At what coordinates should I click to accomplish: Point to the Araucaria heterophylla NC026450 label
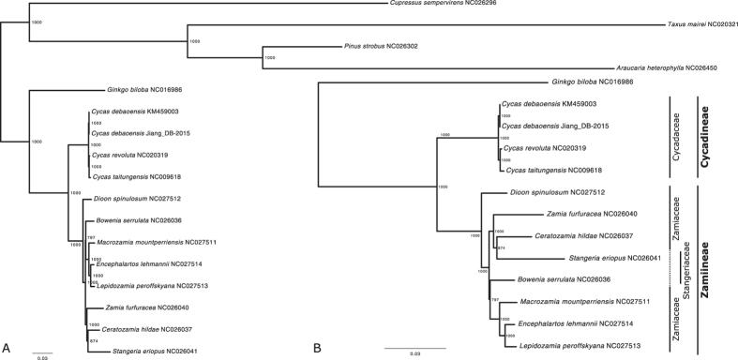click(672, 67)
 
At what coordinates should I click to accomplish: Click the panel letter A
click(7, 349)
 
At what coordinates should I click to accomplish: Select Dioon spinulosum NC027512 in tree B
click(539, 193)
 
